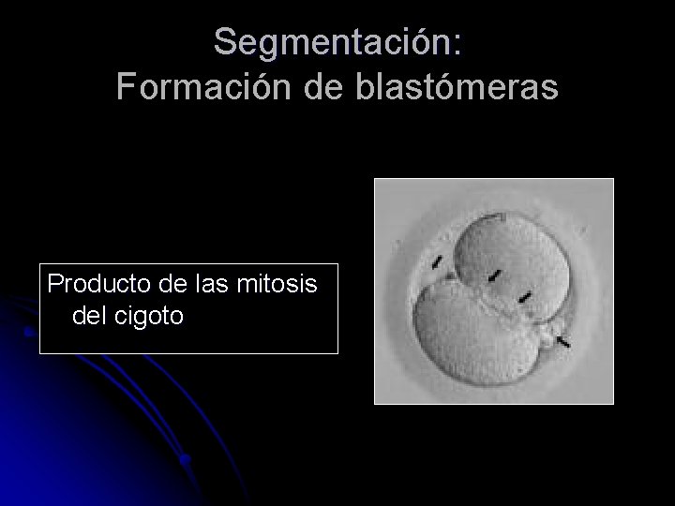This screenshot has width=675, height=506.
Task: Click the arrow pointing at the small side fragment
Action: [562, 342]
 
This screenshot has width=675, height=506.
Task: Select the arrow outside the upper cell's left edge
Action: [436, 260]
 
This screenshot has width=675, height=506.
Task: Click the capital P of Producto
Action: [54, 283]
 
